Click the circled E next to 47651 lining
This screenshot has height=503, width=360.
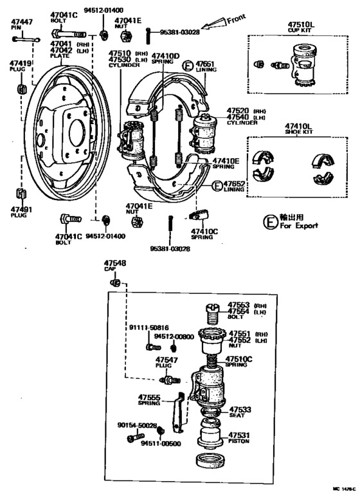coord(188,66)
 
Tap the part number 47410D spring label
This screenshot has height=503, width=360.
coord(165,59)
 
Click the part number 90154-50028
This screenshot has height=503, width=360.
coord(137,425)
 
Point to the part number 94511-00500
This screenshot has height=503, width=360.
coord(161,443)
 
